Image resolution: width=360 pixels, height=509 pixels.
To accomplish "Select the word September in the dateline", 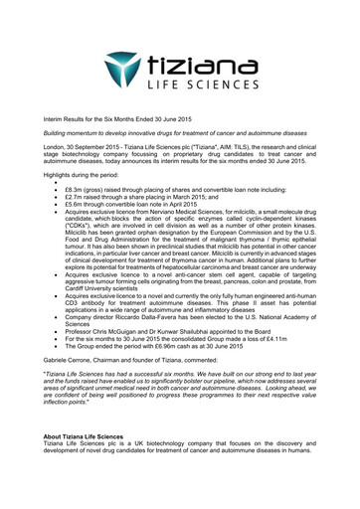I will (105, 147).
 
